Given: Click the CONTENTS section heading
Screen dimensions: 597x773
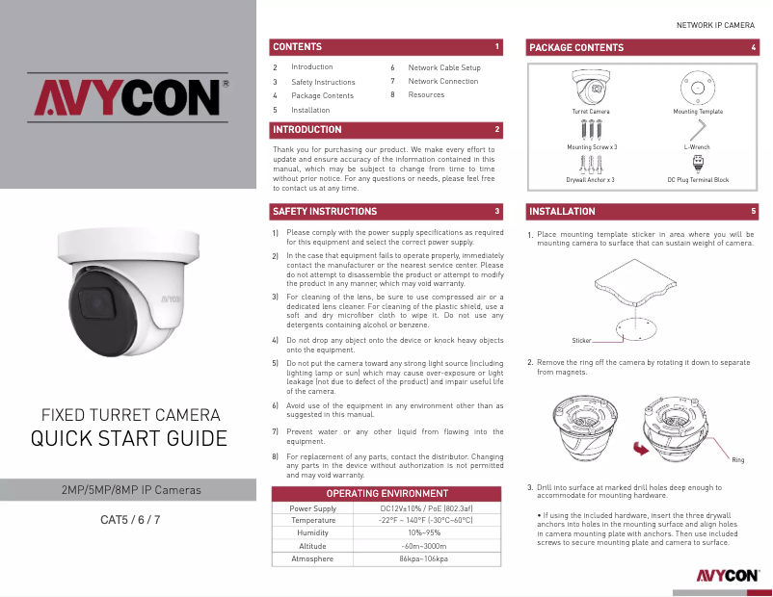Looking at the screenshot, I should (x=298, y=47).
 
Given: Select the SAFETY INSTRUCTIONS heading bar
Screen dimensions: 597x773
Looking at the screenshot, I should (x=325, y=211).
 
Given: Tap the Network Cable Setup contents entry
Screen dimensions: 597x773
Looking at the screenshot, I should (x=444, y=67).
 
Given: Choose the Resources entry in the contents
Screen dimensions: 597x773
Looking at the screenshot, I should (x=426, y=95).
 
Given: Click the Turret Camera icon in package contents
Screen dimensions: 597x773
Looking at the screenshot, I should (x=591, y=91).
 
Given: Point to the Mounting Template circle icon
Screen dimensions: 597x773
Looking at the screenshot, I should (x=698, y=91).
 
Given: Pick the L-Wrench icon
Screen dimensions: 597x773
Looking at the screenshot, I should (x=697, y=132).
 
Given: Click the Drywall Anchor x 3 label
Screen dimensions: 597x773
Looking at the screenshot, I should (x=591, y=180).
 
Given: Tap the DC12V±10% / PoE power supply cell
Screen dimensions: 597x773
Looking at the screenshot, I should (x=426, y=508).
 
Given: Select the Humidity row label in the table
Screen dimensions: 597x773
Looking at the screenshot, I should (x=313, y=533).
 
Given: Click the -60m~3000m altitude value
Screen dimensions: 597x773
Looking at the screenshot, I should (x=426, y=546).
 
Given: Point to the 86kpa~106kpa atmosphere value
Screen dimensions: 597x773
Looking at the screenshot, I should (x=426, y=558).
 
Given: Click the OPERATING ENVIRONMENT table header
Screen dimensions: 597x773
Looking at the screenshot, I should (x=387, y=494).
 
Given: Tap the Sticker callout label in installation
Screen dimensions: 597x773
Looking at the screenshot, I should (x=581, y=340).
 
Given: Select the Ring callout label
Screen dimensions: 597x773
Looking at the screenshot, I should (x=738, y=460).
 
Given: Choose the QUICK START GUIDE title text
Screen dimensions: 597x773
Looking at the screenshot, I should (x=129, y=439).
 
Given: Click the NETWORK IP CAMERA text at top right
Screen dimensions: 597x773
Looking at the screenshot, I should (x=716, y=23).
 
